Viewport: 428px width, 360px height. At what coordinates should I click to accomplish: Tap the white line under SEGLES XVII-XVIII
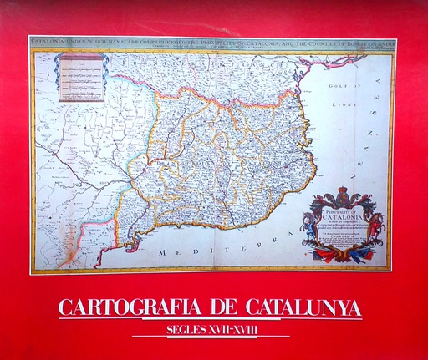click(211, 337)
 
